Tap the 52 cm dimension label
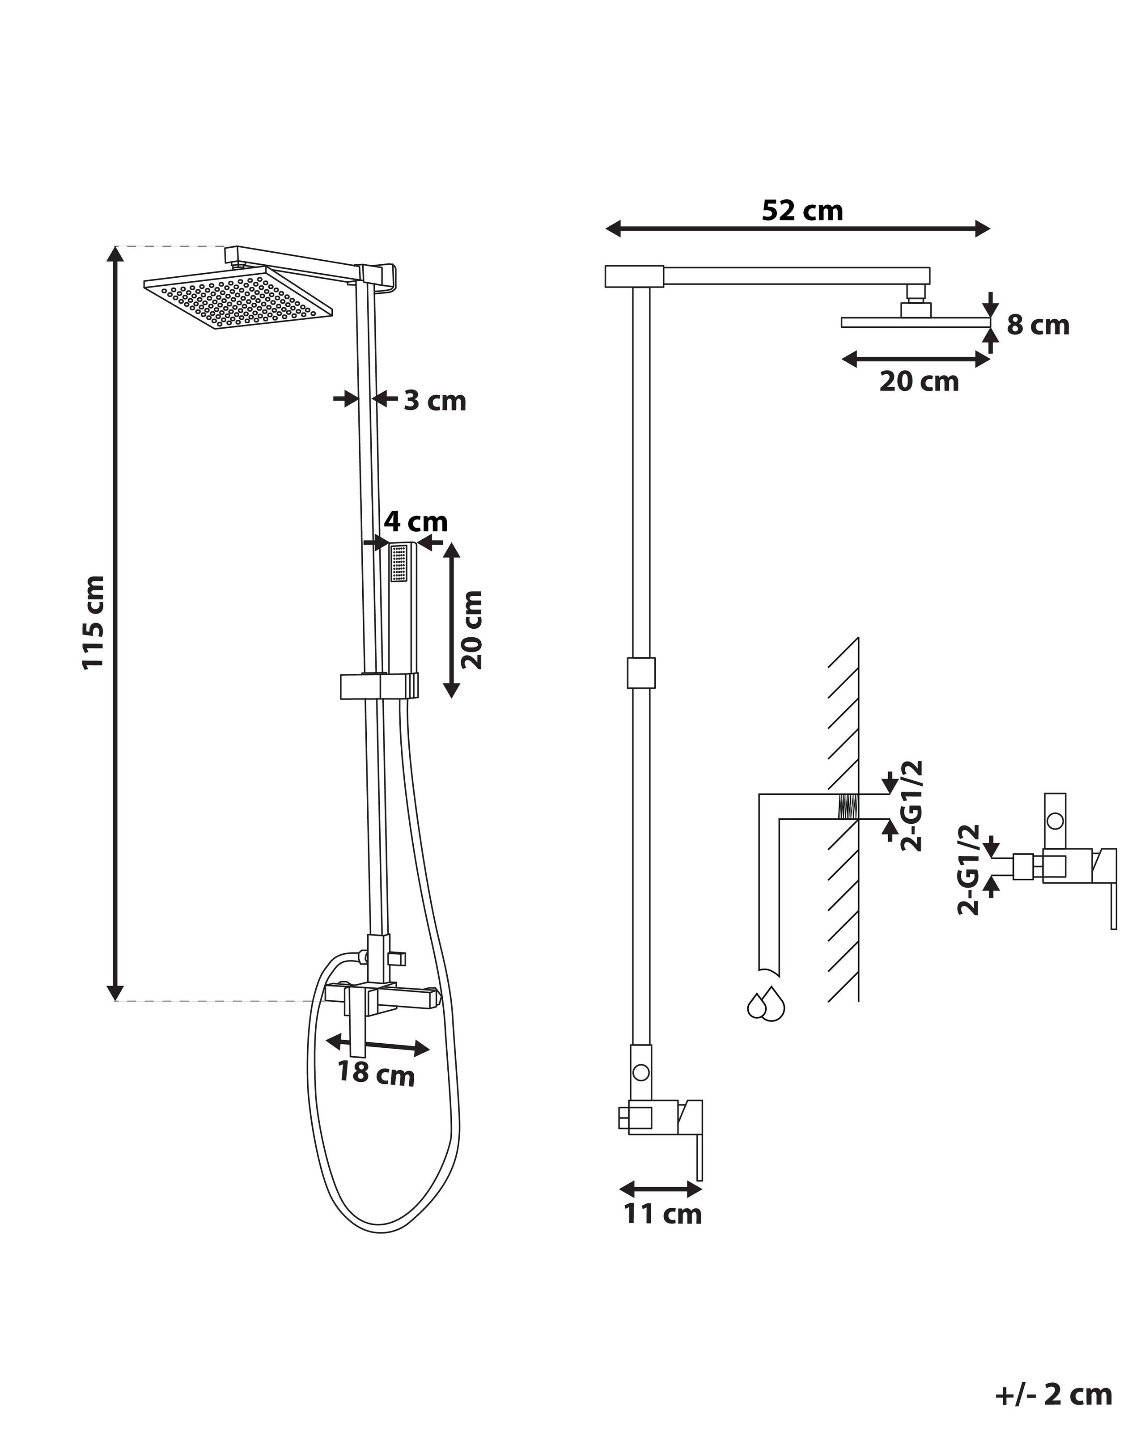[x=802, y=211]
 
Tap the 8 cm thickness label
[x=1038, y=325]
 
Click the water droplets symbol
[x=765, y=1005]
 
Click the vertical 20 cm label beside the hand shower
[x=472, y=630]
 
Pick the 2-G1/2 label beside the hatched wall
[x=912, y=806]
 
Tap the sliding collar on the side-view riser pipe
[x=640, y=673]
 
